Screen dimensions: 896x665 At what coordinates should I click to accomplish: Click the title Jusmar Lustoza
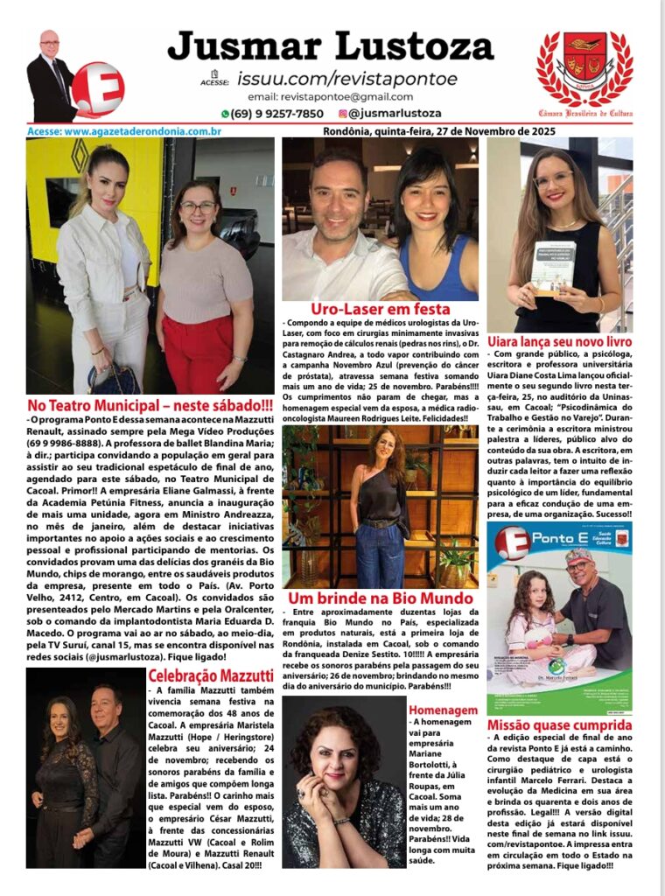click(x=330, y=45)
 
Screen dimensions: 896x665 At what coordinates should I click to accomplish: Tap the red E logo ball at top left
click(x=97, y=88)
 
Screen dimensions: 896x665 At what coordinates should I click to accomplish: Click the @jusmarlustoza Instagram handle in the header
click(x=393, y=114)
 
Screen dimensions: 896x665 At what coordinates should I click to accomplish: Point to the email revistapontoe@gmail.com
click(x=330, y=97)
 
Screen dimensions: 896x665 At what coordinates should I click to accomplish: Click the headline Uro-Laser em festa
click(x=380, y=310)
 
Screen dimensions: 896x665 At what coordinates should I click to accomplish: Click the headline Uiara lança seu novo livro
click(x=559, y=342)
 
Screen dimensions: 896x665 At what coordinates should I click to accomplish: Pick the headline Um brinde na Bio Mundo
click(x=380, y=598)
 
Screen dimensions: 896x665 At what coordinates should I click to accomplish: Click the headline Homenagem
click(x=443, y=710)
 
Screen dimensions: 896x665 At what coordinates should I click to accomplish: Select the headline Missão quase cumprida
click(x=559, y=725)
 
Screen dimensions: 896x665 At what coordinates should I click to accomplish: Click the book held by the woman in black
click(x=554, y=268)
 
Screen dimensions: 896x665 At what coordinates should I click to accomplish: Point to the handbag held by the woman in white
click(x=114, y=377)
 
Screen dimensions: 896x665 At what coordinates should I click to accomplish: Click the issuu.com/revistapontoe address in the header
click(x=347, y=79)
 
